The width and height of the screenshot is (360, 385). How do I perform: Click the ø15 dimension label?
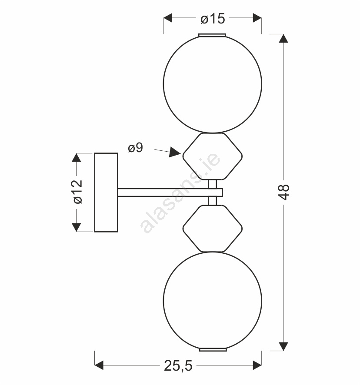click(213, 19)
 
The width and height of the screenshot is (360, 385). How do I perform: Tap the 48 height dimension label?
click(284, 192)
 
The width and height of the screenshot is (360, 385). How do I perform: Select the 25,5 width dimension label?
click(178, 366)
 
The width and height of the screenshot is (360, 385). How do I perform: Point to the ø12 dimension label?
click(78, 192)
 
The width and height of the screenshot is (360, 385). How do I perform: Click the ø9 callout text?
click(135, 148)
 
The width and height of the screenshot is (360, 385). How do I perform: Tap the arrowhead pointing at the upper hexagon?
click(175, 153)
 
